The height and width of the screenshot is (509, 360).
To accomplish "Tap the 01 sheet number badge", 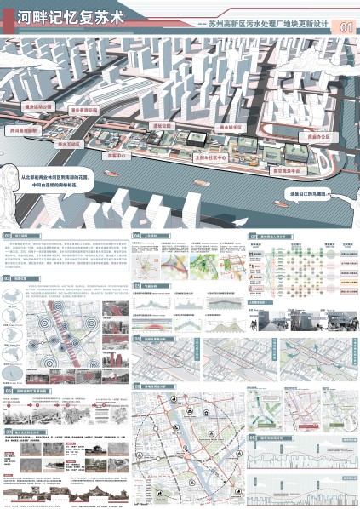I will [x=346, y=27].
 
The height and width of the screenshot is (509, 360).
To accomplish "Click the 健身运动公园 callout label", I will [x=38, y=107].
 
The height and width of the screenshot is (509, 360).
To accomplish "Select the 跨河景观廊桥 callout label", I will [x=23, y=130].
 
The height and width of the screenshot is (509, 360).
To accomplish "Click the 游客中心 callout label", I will [x=115, y=157].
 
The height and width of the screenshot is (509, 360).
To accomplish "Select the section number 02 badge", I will [x=9, y=234].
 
